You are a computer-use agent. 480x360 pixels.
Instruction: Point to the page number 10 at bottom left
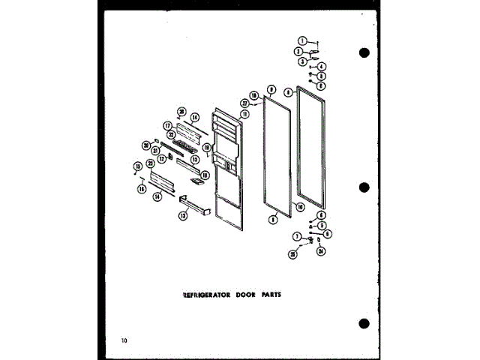(x=123, y=341)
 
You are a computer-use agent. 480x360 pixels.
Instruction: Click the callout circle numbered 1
(x=302, y=41)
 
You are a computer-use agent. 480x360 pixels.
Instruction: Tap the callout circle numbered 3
(x=302, y=61)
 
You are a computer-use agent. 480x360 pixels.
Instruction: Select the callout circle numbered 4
(x=322, y=67)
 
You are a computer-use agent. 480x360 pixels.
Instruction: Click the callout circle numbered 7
(x=297, y=236)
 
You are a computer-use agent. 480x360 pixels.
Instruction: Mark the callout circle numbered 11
(x=244, y=113)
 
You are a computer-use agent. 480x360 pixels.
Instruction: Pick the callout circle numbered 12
(x=161, y=158)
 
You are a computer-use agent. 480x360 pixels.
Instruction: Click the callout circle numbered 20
(x=147, y=145)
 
